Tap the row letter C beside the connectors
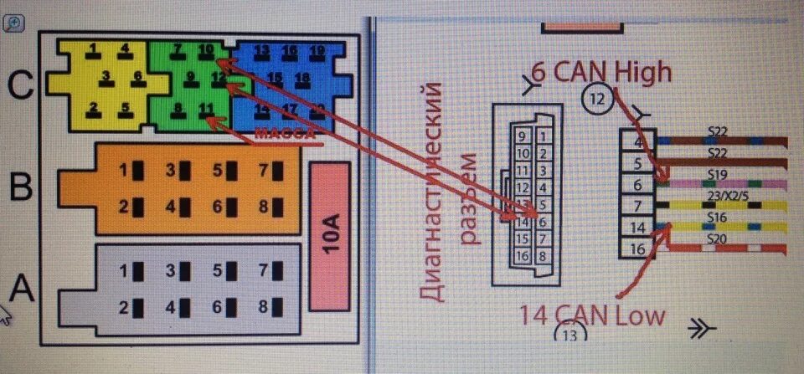point(22,84)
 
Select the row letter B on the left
point(20,187)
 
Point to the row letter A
point(22,289)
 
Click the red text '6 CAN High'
point(600,73)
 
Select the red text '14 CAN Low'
point(591,315)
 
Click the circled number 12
point(596,100)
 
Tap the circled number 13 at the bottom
point(570,336)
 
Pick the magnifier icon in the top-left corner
point(13,23)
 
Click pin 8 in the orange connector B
point(265,207)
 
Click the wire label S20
point(716,239)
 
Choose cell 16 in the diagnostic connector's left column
point(521,257)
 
